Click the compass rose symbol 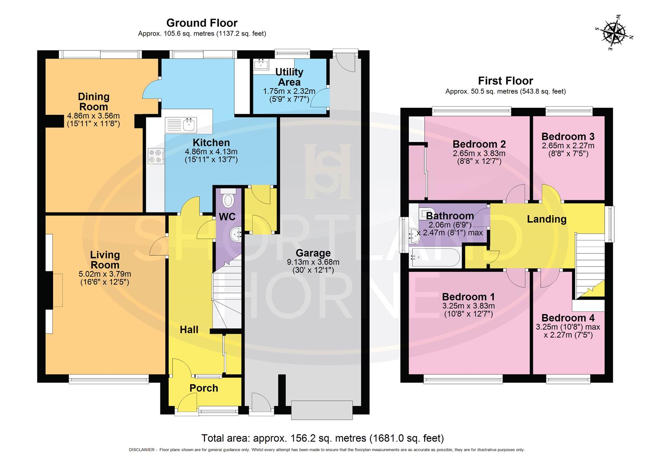(x=615, y=33)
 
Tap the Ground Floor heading (x=202, y=23)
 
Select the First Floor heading (x=505, y=81)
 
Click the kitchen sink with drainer (x=180, y=125)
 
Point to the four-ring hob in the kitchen (x=156, y=156)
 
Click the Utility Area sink (x=259, y=64)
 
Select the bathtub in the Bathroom (x=435, y=257)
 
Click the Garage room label (x=313, y=253)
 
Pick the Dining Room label (x=93, y=102)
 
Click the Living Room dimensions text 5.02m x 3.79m (x=105, y=274)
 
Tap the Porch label (x=204, y=388)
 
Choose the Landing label (x=546, y=219)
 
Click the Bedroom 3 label (x=568, y=137)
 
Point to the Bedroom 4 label (x=568, y=318)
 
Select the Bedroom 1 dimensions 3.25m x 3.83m (x=468, y=306)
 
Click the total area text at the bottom (x=322, y=438)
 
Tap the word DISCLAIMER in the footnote (x=142, y=450)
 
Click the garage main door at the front (x=322, y=410)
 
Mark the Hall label (x=189, y=330)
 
